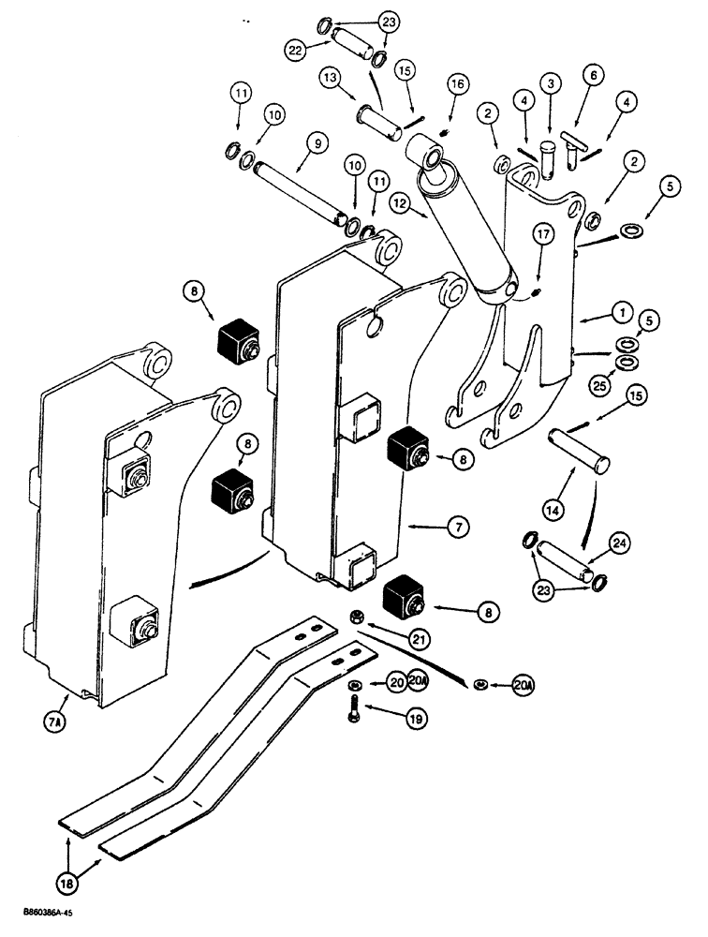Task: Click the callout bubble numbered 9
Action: [316, 144]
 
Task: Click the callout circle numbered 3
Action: [550, 84]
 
